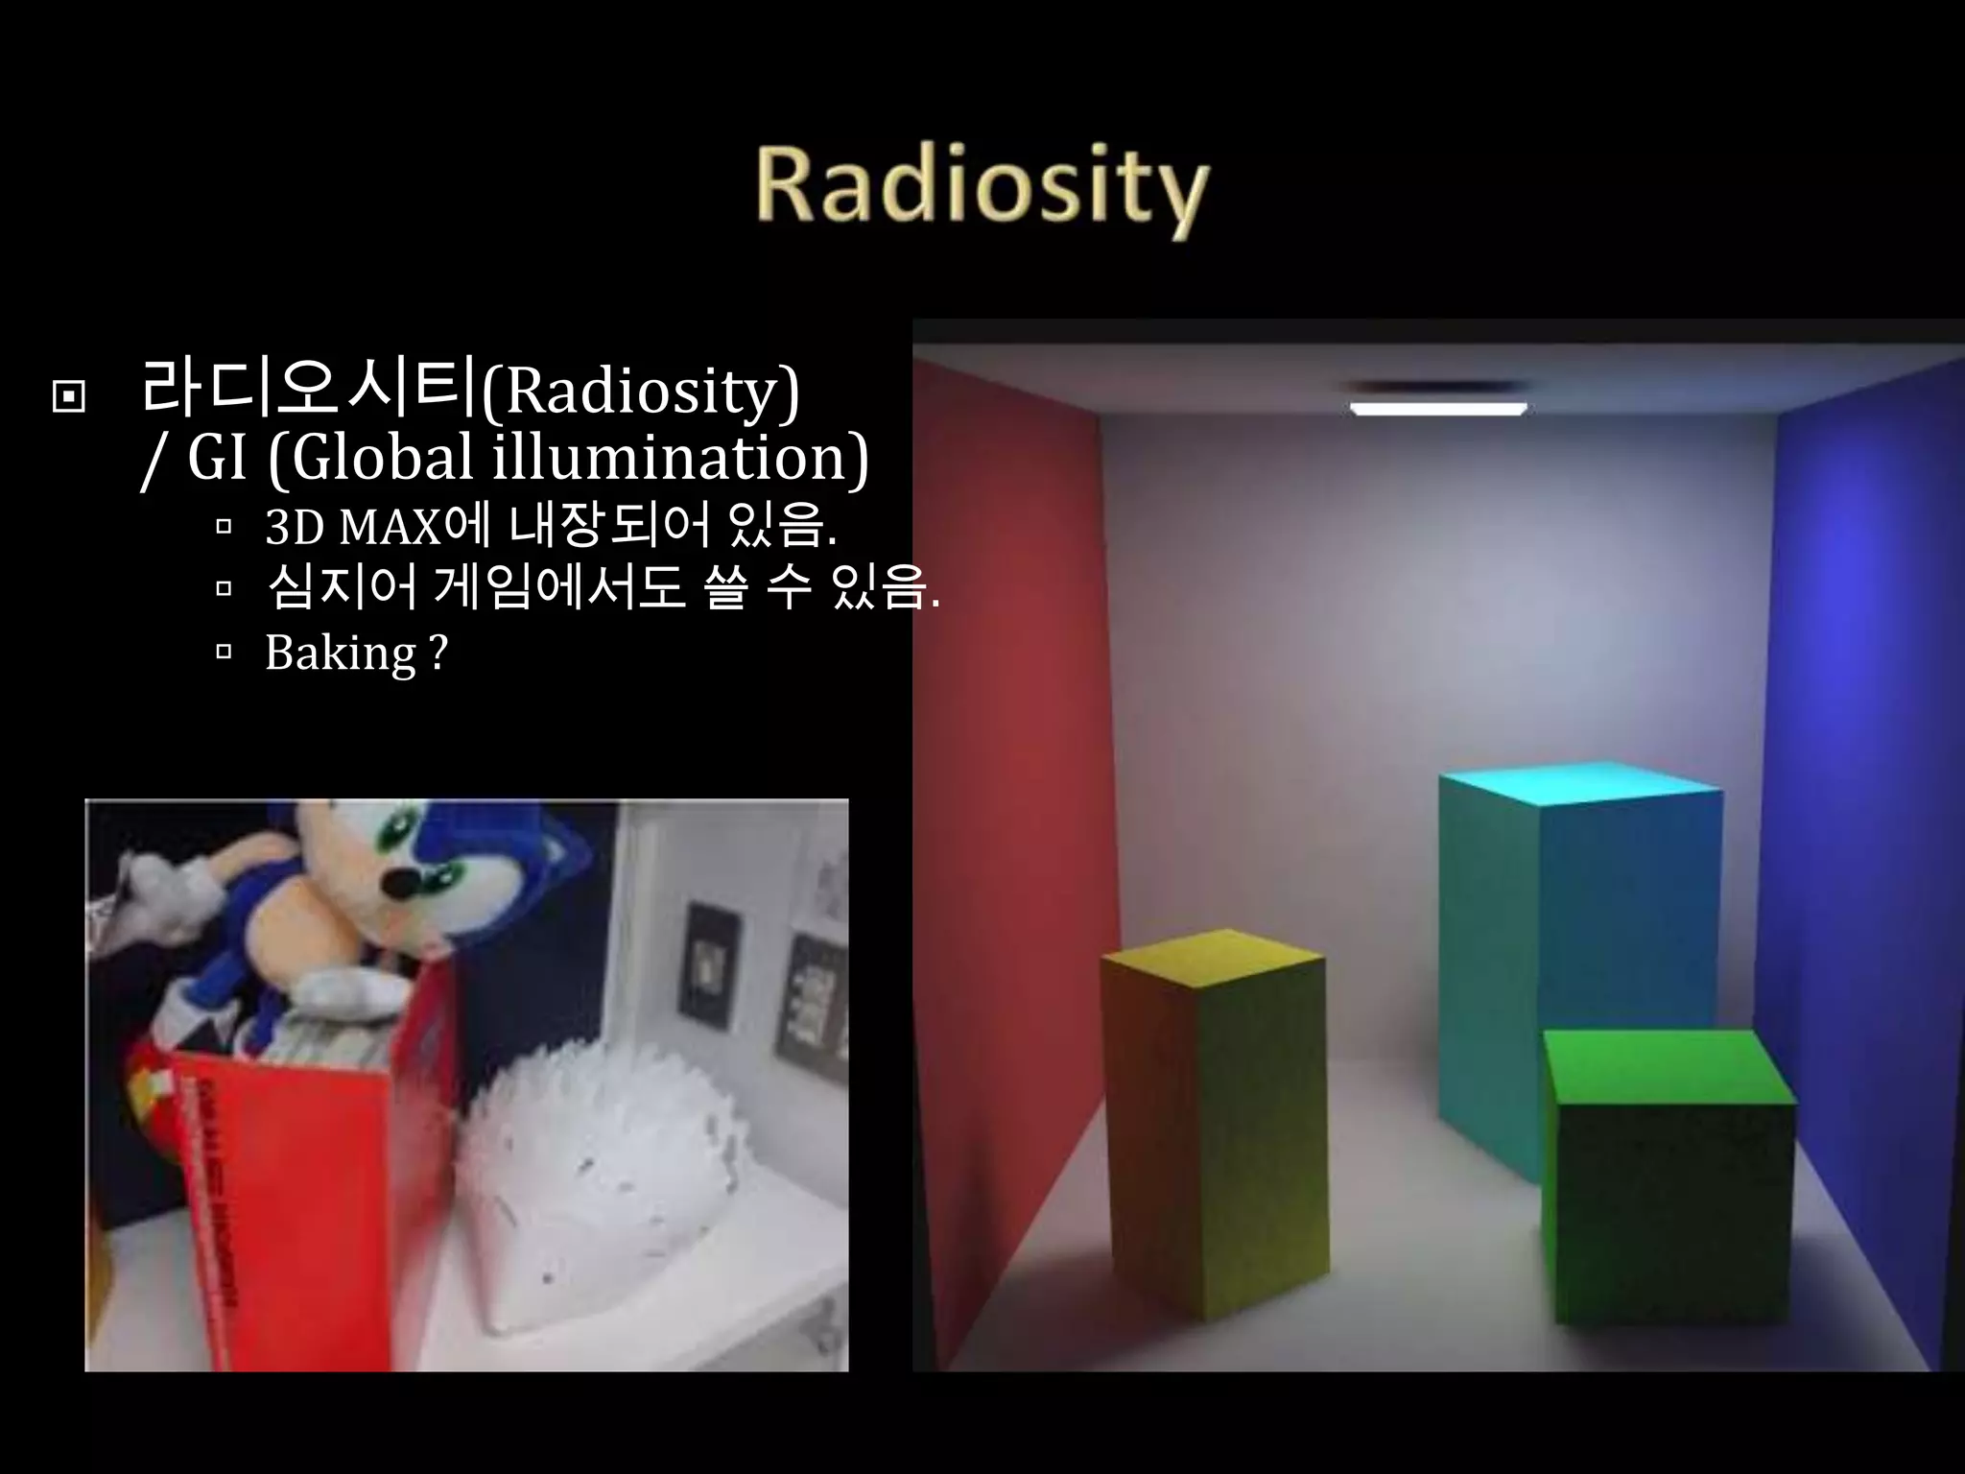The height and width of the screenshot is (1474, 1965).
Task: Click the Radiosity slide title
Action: coord(981,187)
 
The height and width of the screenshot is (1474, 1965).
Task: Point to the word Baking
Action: coord(341,654)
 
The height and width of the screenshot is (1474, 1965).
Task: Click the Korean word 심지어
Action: coord(342,588)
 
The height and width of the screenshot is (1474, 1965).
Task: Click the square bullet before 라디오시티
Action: coord(69,394)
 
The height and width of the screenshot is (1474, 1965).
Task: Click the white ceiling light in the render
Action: coord(1437,409)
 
